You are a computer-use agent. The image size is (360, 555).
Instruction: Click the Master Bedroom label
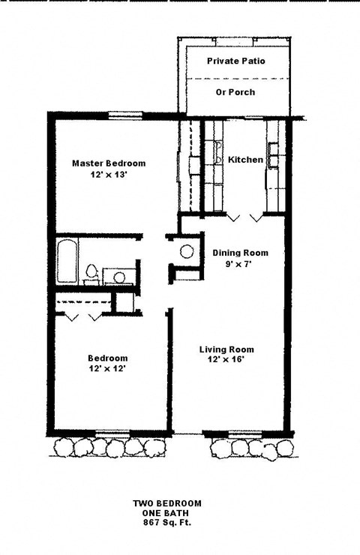pos(109,163)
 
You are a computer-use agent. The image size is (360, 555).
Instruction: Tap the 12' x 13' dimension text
pos(109,175)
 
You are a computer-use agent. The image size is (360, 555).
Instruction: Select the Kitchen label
pos(245,160)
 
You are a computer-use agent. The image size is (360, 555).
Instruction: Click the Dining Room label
pos(240,253)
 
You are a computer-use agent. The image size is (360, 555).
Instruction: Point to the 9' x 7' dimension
pos(240,265)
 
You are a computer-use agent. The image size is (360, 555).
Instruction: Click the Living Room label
pos(226,349)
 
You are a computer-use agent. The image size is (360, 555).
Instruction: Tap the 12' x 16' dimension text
pos(226,361)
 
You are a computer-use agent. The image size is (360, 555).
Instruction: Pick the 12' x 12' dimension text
pos(107,370)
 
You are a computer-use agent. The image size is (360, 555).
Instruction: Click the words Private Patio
pos(235,61)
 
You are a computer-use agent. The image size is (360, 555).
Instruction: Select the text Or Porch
pos(235,92)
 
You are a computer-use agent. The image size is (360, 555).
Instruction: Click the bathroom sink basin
pos(118,277)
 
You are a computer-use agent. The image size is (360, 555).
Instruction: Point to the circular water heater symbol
pos(187,252)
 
